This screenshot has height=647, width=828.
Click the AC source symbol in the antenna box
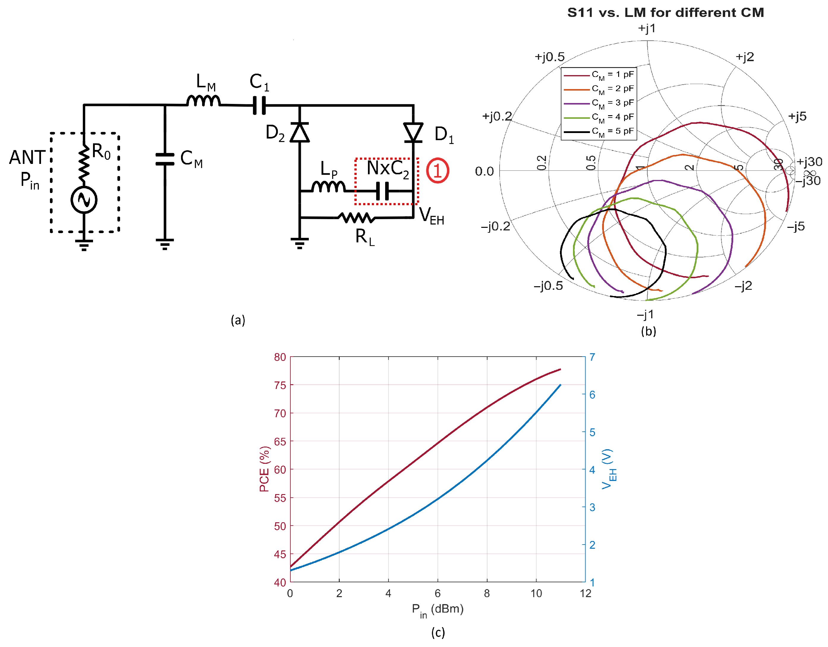pyautogui.click(x=84, y=200)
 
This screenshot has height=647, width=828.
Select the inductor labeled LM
pyautogui.click(x=203, y=101)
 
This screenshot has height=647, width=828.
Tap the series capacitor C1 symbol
pyautogui.click(x=259, y=105)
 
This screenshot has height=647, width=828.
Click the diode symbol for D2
pyautogui.click(x=300, y=133)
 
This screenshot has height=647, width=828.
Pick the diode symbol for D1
pyautogui.click(x=413, y=133)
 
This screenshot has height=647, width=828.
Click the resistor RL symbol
pyautogui.click(x=356, y=218)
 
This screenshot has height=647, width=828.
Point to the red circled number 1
pyautogui.click(x=437, y=170)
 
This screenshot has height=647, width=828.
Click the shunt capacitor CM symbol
pyautogui.click(x=165, y=159)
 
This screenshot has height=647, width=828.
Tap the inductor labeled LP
pyautogui.click(x=328, y=187)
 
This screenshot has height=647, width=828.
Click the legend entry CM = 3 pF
pyautogui.click(x=599, y=103)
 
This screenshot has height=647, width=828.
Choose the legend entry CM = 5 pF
pyautogui.click(x=599, y=132)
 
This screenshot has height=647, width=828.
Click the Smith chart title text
pyautogui.click(x=665, y=12)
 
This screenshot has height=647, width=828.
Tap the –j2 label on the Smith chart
pyautogui.click(x=743, y=286)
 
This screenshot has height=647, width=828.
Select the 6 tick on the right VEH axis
pyautogui.click(x=592, y=395)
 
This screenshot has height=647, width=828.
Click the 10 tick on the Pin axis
pyautogui.click(x=536, y=593)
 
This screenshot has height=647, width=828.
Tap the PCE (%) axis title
pyautogui.click(x=265, y=469)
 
